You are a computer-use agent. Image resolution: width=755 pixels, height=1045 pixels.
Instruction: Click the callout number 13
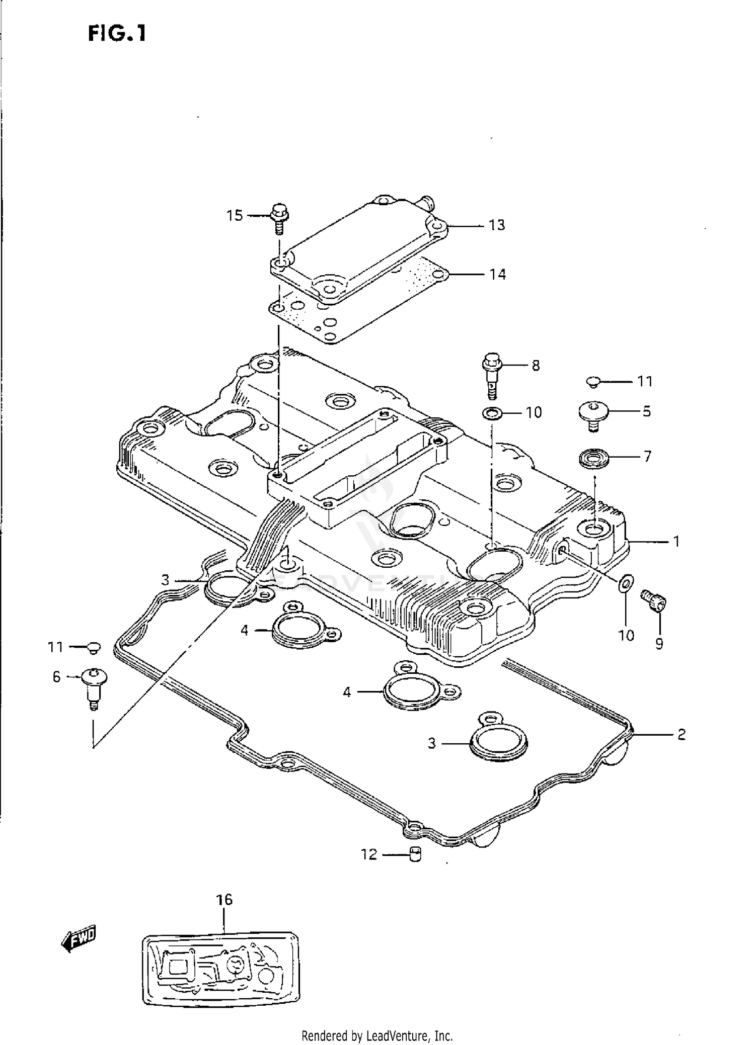[x=497, y=225]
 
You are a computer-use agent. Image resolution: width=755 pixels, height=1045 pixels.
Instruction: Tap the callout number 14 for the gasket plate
[x=497, y=275]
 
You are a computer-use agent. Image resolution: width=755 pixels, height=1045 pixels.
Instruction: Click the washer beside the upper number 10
[x=492, y=413]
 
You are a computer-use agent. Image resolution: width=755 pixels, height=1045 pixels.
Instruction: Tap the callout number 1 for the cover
[x=676, y=541]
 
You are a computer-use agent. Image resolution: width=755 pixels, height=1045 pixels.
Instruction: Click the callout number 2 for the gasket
[x=681, y=735]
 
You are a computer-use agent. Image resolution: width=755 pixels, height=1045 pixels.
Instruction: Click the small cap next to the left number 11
[x=94, y=648]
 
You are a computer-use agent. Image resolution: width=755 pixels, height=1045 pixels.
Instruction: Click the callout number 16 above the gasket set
[x=224, y=900]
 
